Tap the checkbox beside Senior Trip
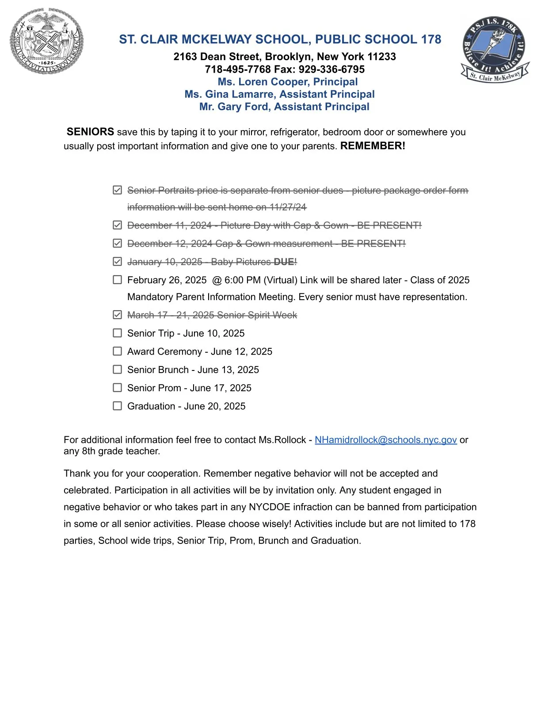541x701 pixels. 117,333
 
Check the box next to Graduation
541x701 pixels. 117,406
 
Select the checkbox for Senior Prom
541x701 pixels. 117,388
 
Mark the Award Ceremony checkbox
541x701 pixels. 117,351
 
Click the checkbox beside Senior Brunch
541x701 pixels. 117,369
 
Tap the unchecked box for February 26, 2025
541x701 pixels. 117,280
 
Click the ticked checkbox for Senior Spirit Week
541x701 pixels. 117,315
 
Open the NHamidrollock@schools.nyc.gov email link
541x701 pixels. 385,440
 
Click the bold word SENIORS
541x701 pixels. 90,132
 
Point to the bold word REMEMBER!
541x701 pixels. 373,146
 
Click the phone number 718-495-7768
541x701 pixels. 238,69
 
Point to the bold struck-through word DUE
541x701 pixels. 284,262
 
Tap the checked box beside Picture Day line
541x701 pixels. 117,225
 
